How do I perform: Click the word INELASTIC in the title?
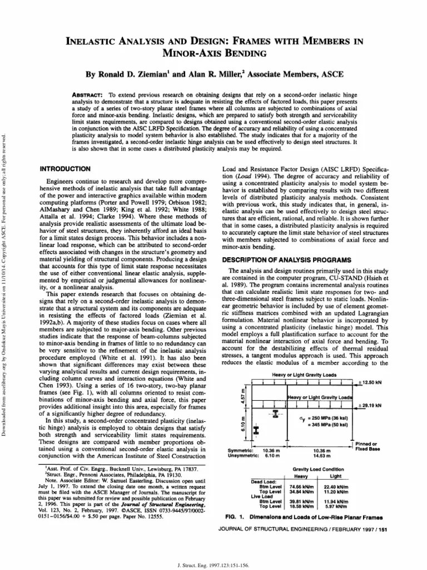click(95, 41)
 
